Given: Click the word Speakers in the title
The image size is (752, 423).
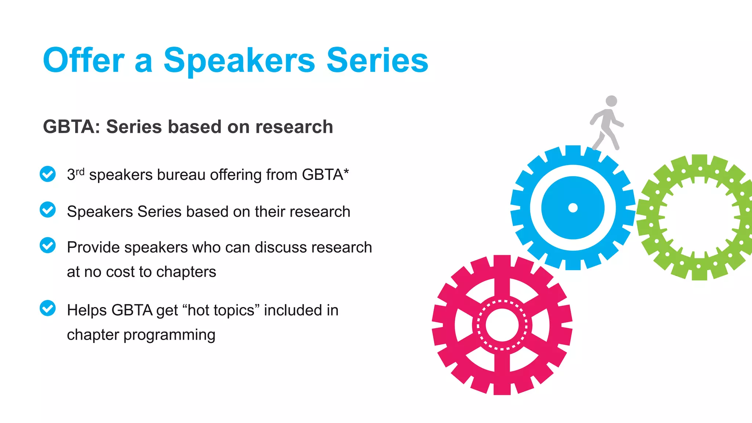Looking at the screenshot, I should point(239,61).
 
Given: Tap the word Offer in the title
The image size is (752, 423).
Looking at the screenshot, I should point(84,60).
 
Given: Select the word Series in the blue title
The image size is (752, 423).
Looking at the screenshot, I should point(377,60).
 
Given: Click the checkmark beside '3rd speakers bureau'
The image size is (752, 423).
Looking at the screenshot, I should point(48,174).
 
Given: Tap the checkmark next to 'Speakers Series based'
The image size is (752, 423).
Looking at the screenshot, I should point(48,210).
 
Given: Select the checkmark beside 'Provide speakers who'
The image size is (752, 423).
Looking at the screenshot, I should point(48,245).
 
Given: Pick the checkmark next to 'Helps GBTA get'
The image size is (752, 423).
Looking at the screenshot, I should point(48,308).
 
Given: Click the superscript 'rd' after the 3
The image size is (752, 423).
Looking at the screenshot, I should point(80,171).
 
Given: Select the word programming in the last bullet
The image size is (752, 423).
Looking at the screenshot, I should point(169,335).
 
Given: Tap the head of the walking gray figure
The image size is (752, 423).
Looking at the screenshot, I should point(611,101).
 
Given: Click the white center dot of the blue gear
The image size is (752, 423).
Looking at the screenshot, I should point(573,208).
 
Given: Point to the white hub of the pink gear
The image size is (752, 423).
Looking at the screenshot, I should point(502,325).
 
